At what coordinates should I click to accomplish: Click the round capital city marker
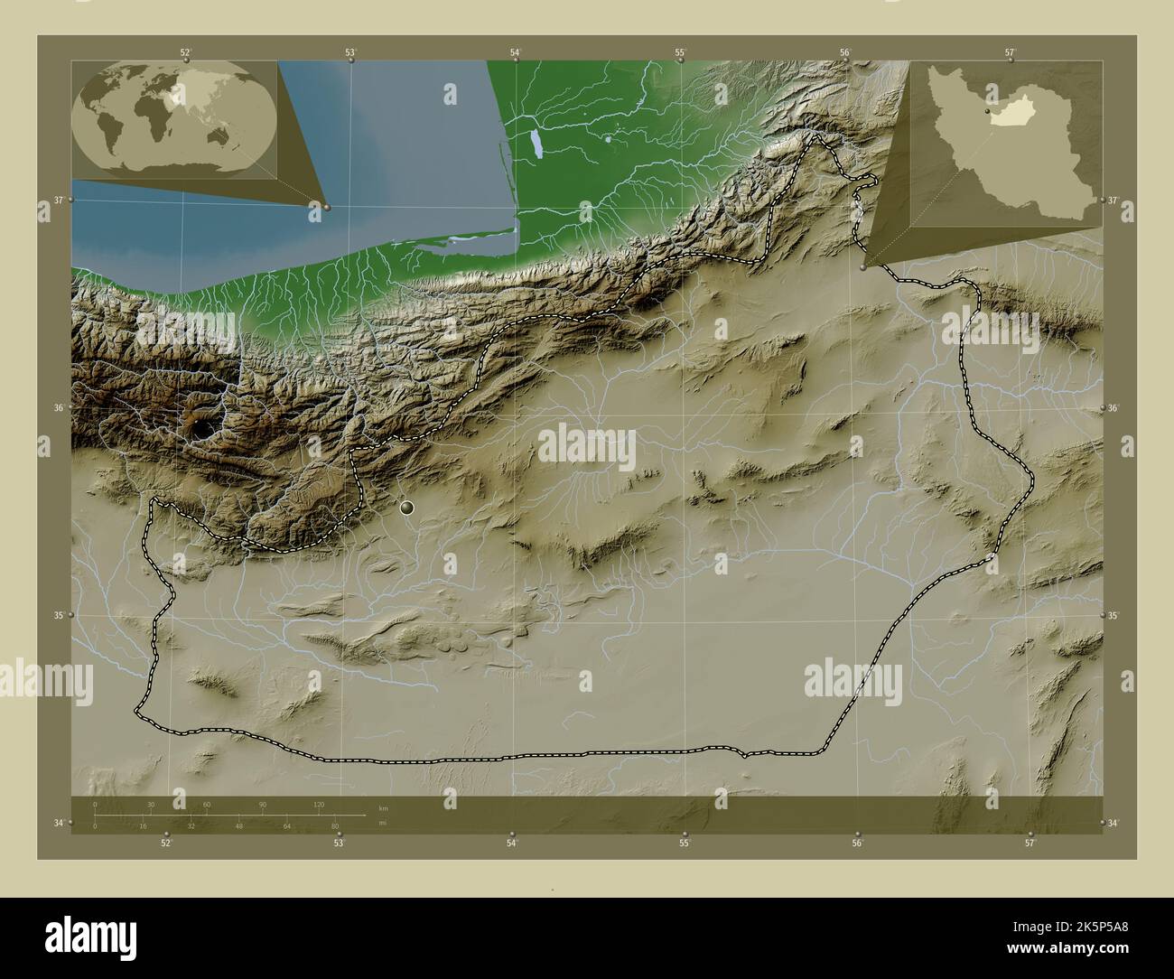click(407, 508)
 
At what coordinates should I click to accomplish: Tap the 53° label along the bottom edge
click(339, 844)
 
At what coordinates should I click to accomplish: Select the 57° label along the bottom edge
click(1030, 844)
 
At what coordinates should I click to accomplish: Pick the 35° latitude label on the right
click(1113, 616)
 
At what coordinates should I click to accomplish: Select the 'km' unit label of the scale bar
click(384, 807)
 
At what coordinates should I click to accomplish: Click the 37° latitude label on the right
click(1113, 200)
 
